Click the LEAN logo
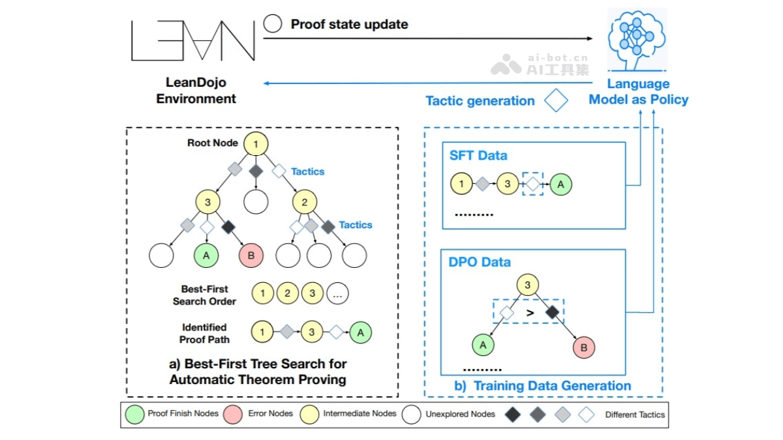193,40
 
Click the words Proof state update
349,24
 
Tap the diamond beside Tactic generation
556,100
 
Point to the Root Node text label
212,143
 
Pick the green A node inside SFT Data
560,184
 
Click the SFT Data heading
478,156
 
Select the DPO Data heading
480,262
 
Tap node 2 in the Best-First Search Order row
287,293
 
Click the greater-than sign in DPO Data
530,313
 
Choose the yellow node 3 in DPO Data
529,285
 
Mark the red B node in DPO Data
583,347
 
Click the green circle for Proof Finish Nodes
135,414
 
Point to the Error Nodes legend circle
233,414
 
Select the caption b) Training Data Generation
542,386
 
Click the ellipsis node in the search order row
337,293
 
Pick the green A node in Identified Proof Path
360,332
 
